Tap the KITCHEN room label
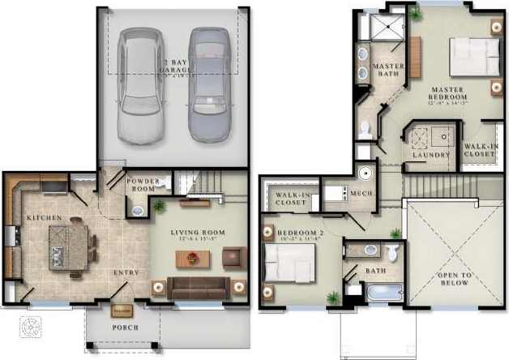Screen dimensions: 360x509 [39, 219]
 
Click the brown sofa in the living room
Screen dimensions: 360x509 [198, 287]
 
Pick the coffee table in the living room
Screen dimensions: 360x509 [193, 259]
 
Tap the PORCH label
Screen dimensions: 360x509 [125, 328]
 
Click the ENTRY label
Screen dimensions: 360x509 [126, 272]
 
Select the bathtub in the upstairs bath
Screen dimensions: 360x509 [383, 291]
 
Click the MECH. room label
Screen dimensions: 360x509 [360, 193]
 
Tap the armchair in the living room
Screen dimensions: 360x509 [233, 257]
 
